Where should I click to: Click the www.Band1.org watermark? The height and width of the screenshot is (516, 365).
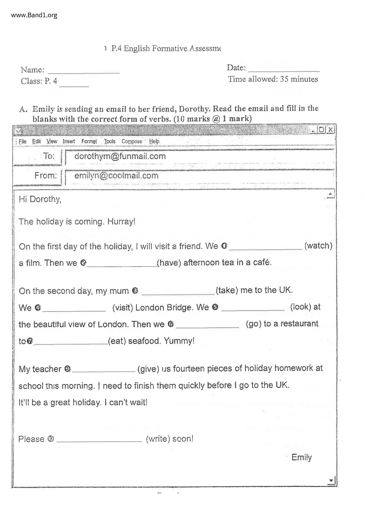click(34, 15)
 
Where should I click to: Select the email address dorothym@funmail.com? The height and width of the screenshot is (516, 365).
click(120, 156)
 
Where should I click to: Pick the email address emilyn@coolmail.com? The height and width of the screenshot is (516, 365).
click(116, 176)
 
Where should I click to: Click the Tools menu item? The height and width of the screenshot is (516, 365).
click(109, 142)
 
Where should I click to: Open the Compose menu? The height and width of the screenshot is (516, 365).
click(132, 142)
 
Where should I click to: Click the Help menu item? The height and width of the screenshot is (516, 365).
click(154, 142)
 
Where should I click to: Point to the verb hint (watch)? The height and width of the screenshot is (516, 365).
click(318, 246)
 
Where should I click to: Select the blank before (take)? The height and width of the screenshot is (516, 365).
click(178, 293)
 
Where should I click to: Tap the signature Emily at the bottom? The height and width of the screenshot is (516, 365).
click(301, 457)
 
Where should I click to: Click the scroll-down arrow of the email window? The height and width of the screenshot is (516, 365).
click(331, 481)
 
